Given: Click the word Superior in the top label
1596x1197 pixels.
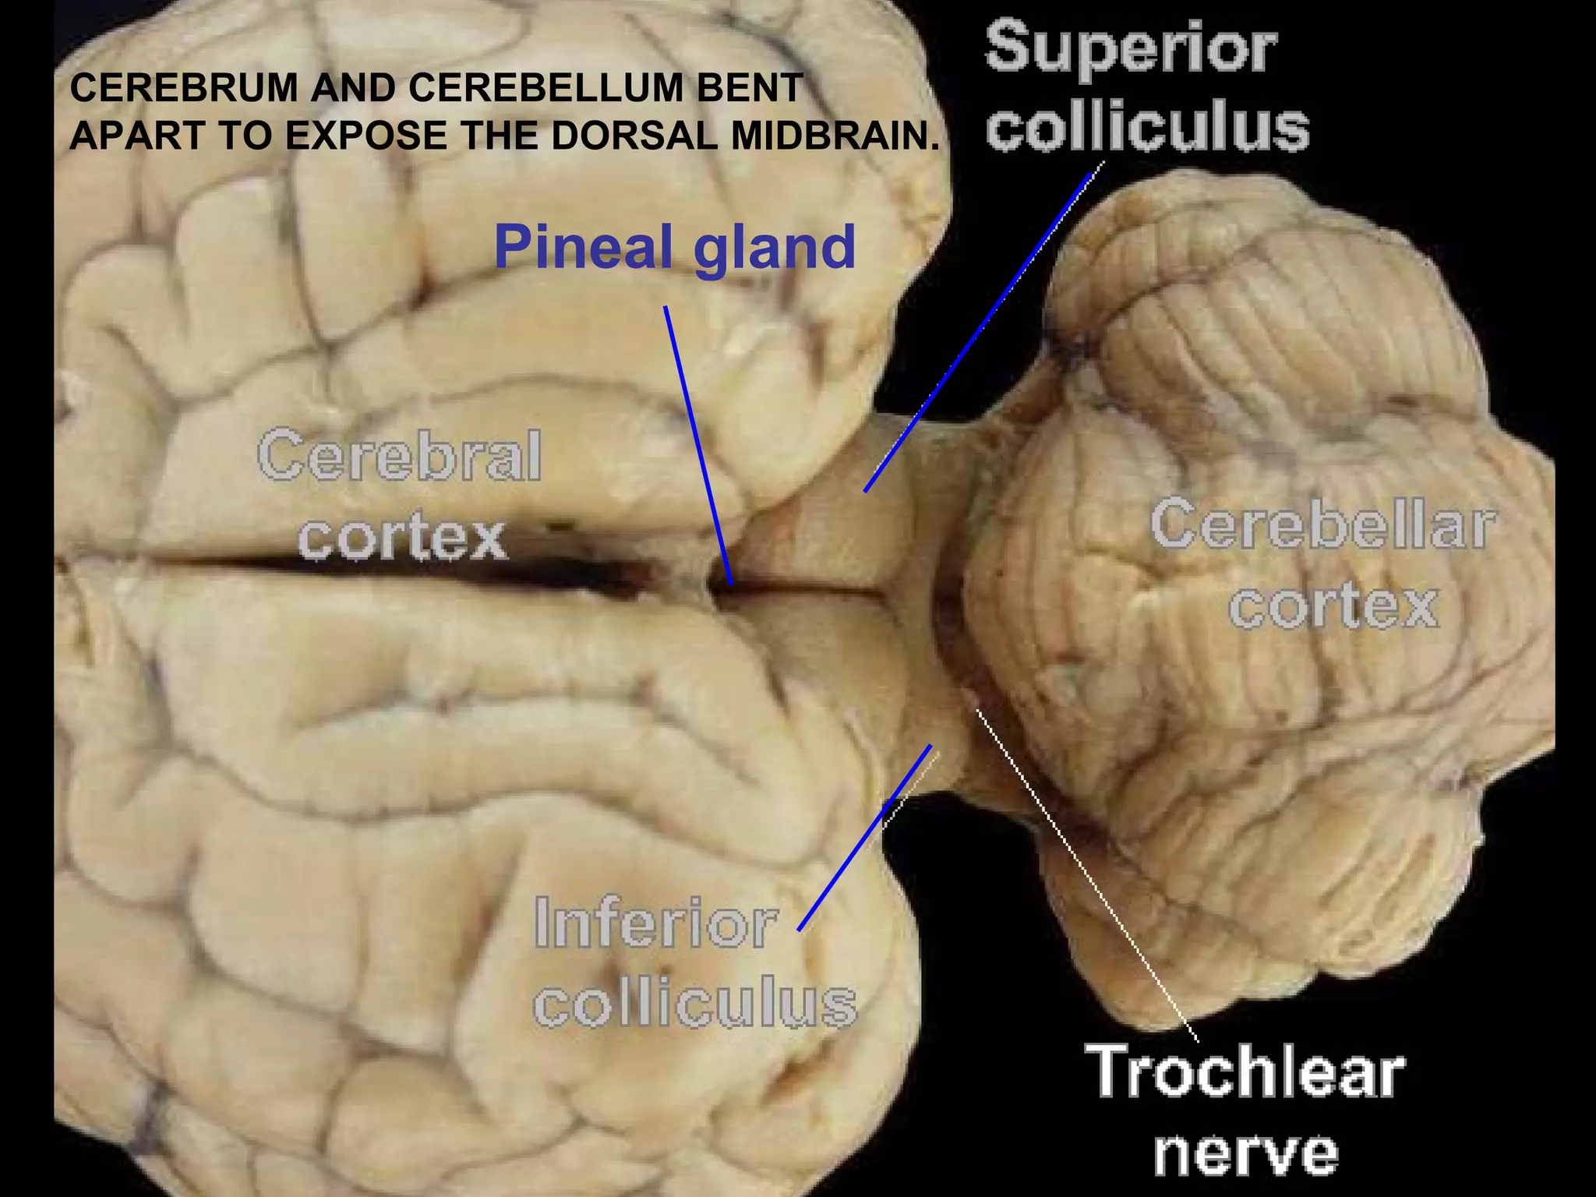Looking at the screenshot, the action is click(x=1131, y=48).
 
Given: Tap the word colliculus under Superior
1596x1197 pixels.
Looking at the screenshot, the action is click(x=1147, y=126).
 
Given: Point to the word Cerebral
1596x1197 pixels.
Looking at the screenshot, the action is click(x=399, y=457).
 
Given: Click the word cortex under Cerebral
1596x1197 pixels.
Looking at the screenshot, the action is click(x=403, y=538).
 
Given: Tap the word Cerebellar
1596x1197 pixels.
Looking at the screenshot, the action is click(x=1322, y=525).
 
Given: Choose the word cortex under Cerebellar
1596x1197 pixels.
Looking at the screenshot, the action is click(x=1333, y=606).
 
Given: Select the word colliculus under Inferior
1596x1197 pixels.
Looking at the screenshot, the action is click(x=695, y=1003).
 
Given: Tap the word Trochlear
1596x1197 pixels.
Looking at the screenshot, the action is click(x=1245, y=1072).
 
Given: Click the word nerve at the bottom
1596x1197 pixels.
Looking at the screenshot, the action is click(x=1245, y=1152).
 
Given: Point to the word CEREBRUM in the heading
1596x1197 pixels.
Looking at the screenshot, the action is click(x=184, y=88).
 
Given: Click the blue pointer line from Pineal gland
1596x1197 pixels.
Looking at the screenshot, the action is click(x=698, y=444).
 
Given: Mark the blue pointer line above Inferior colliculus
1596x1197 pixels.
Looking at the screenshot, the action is click(x=865, y=838).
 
